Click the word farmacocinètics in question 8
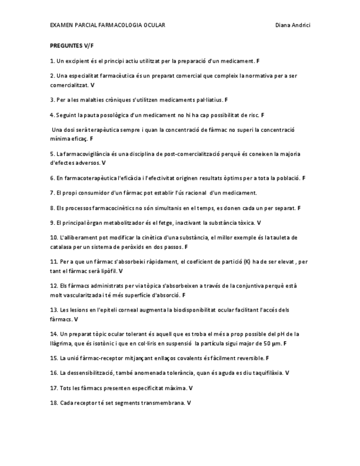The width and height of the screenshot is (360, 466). pos(108,208)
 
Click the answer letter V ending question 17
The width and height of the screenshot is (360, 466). pos(190,388)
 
